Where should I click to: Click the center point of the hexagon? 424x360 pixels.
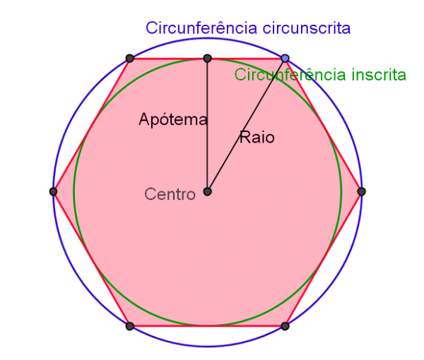click(x=207, y=191)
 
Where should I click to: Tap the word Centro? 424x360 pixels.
click(x=170, y=194)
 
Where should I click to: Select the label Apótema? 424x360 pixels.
click(x=173, y=119)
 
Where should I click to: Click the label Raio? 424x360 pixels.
click(x=257, y=137)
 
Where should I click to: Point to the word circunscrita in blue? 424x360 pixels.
click(x=307, y=28)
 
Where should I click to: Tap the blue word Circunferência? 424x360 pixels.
click(x=201, y=28)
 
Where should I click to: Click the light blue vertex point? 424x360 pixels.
click(x=285, y=58)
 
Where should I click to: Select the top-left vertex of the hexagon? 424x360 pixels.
click(x=130, y=58)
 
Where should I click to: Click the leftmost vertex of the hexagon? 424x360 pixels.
click(x=53, y=191)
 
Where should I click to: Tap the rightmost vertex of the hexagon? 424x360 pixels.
click(x=362, y=191)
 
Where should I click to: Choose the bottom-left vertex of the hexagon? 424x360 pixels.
click(x=130, y=326)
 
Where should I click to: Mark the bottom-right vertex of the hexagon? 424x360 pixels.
click(x=285, y=326)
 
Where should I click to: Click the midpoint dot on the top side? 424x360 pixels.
click(x=207, y=58)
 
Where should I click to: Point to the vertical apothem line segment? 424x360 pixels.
click(x=207, y=125)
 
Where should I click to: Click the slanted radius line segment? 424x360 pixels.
click(x=246, y=125)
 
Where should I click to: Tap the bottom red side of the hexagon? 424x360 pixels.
click(x=207, y=326)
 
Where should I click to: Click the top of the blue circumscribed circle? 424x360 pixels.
click(x=207, y=38)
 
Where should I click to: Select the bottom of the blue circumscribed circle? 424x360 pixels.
click(x=207, y=346)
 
